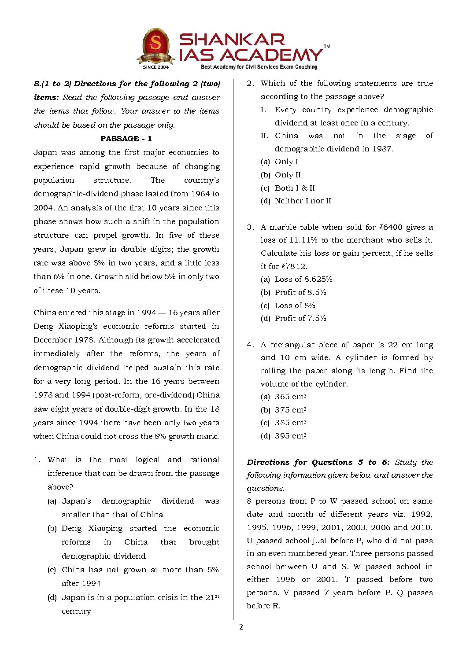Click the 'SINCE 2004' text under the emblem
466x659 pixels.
pyautogui.click(x=155, y=67)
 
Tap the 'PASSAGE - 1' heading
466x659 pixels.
pyautogui.click(x=126, y=139)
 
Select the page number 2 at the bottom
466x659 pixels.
pyautogui.click(x=241, y=627)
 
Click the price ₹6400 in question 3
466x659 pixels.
pyautogui.click(x=391, y=227)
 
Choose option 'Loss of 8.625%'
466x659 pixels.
pyautogui.click(x=303, y=279)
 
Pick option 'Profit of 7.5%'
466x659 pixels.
pyautogui.click(x=300, y=318)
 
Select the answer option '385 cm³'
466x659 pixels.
pyautogui.click(x=290, y=423)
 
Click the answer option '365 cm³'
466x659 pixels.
pyautogui.click(x=290, y=397)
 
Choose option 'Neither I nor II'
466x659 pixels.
pyautogui.click(x=303, y=201)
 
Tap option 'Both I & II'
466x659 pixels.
pyautogui.click(x=295, y=188)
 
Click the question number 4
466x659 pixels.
pyautogui.click(x=250, y=345)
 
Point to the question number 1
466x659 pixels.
pyautogui.click(x=37, y=460)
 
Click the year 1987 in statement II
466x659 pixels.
pyautogui.click(x=382, y=149)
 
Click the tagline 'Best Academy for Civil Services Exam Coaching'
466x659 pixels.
pyautogui.click(x=259, y=67)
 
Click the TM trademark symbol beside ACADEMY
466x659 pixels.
pyautogui.click(x=327, y=46)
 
